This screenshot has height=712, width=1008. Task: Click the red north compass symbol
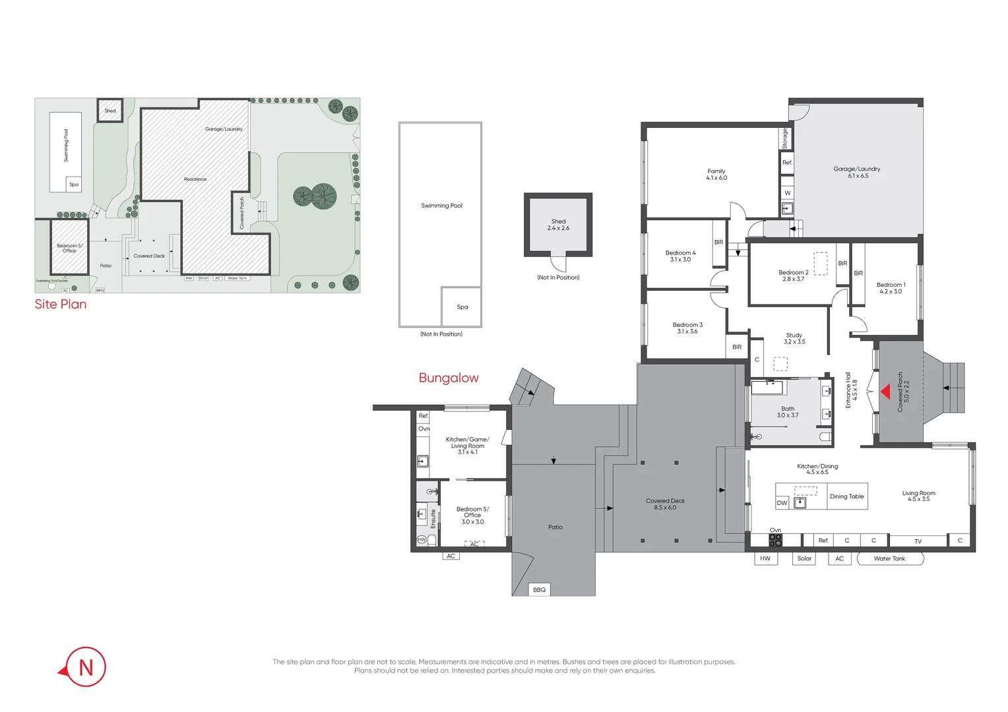point(84,667)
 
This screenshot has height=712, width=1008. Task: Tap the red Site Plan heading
point(61,304)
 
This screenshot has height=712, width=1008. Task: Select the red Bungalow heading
point(449,378)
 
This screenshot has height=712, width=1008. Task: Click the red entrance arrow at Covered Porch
point(885,392)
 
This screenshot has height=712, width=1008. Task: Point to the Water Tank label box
point(890,558)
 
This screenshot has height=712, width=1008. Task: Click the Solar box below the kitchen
point(804,558)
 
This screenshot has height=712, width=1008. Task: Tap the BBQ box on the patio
point(539,589)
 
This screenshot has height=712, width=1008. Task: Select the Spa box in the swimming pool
point(462,307)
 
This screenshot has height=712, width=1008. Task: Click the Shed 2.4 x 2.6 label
point(558,225)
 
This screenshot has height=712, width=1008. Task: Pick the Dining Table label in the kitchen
point(846,496)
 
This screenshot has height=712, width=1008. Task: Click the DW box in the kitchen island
point(782,503)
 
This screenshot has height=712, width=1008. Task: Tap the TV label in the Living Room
point(918,541)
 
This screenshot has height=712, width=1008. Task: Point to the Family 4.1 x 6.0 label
point(716,174)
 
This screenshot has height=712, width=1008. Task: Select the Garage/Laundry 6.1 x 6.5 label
point(856,172)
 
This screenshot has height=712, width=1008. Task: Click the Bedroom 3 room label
point(687,328)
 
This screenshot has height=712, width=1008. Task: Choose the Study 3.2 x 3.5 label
point(794,338)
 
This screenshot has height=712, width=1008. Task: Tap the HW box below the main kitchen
point(765,558)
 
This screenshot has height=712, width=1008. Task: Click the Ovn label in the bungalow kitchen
point(424,429)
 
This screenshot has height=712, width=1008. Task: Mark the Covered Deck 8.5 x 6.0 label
point(665,504)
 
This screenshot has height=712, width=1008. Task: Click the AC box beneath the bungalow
point(451,556)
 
